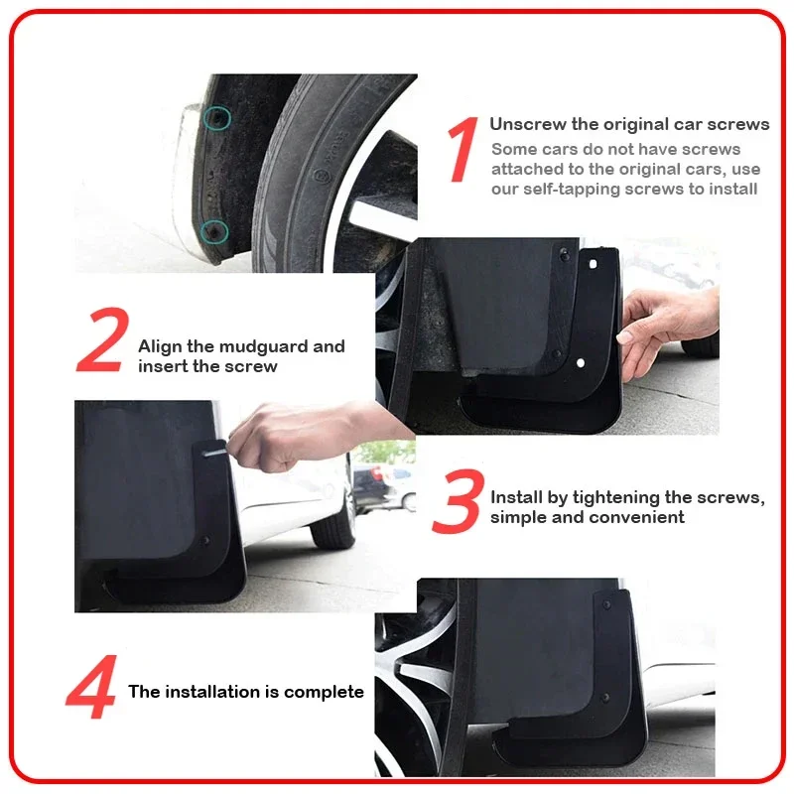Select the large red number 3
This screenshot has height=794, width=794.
[x=459, y=501]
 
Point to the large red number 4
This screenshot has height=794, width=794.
[x=92, y=687]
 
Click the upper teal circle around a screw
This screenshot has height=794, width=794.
[x=217, y=118]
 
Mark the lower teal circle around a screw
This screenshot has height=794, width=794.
[x=214, y=232]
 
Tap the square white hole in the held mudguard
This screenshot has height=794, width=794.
[x=593, y=264]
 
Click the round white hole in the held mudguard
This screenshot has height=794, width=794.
[x=581, y=362]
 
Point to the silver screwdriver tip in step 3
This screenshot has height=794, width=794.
[x=214, y=451]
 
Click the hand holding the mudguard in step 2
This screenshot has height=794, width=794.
[x=666, y=330]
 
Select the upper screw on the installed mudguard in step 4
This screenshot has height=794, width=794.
[x=606, y=604]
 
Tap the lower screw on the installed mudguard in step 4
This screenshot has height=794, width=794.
[x=605, y=698]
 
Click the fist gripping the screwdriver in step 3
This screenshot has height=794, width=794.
[x=268, y=441]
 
